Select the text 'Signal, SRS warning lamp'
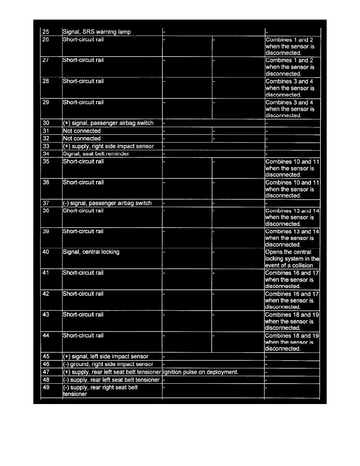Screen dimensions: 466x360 click(97, 32)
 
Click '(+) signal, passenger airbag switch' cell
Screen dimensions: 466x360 click(108, 123)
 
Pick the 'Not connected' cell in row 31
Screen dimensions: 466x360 click(82, 131)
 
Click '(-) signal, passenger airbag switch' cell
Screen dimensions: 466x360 click(107, 203)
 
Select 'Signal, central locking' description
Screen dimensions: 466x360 click(91, 252)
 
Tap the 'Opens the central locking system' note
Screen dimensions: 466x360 click(292, 258)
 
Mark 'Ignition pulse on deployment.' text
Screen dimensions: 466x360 click(200, 372)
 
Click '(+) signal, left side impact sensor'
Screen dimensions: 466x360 click(105, 357)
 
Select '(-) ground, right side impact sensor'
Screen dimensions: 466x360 click(108, 364)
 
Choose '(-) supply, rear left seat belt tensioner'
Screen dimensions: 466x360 click(111, 380)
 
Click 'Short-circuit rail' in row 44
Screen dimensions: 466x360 click(83, 336)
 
